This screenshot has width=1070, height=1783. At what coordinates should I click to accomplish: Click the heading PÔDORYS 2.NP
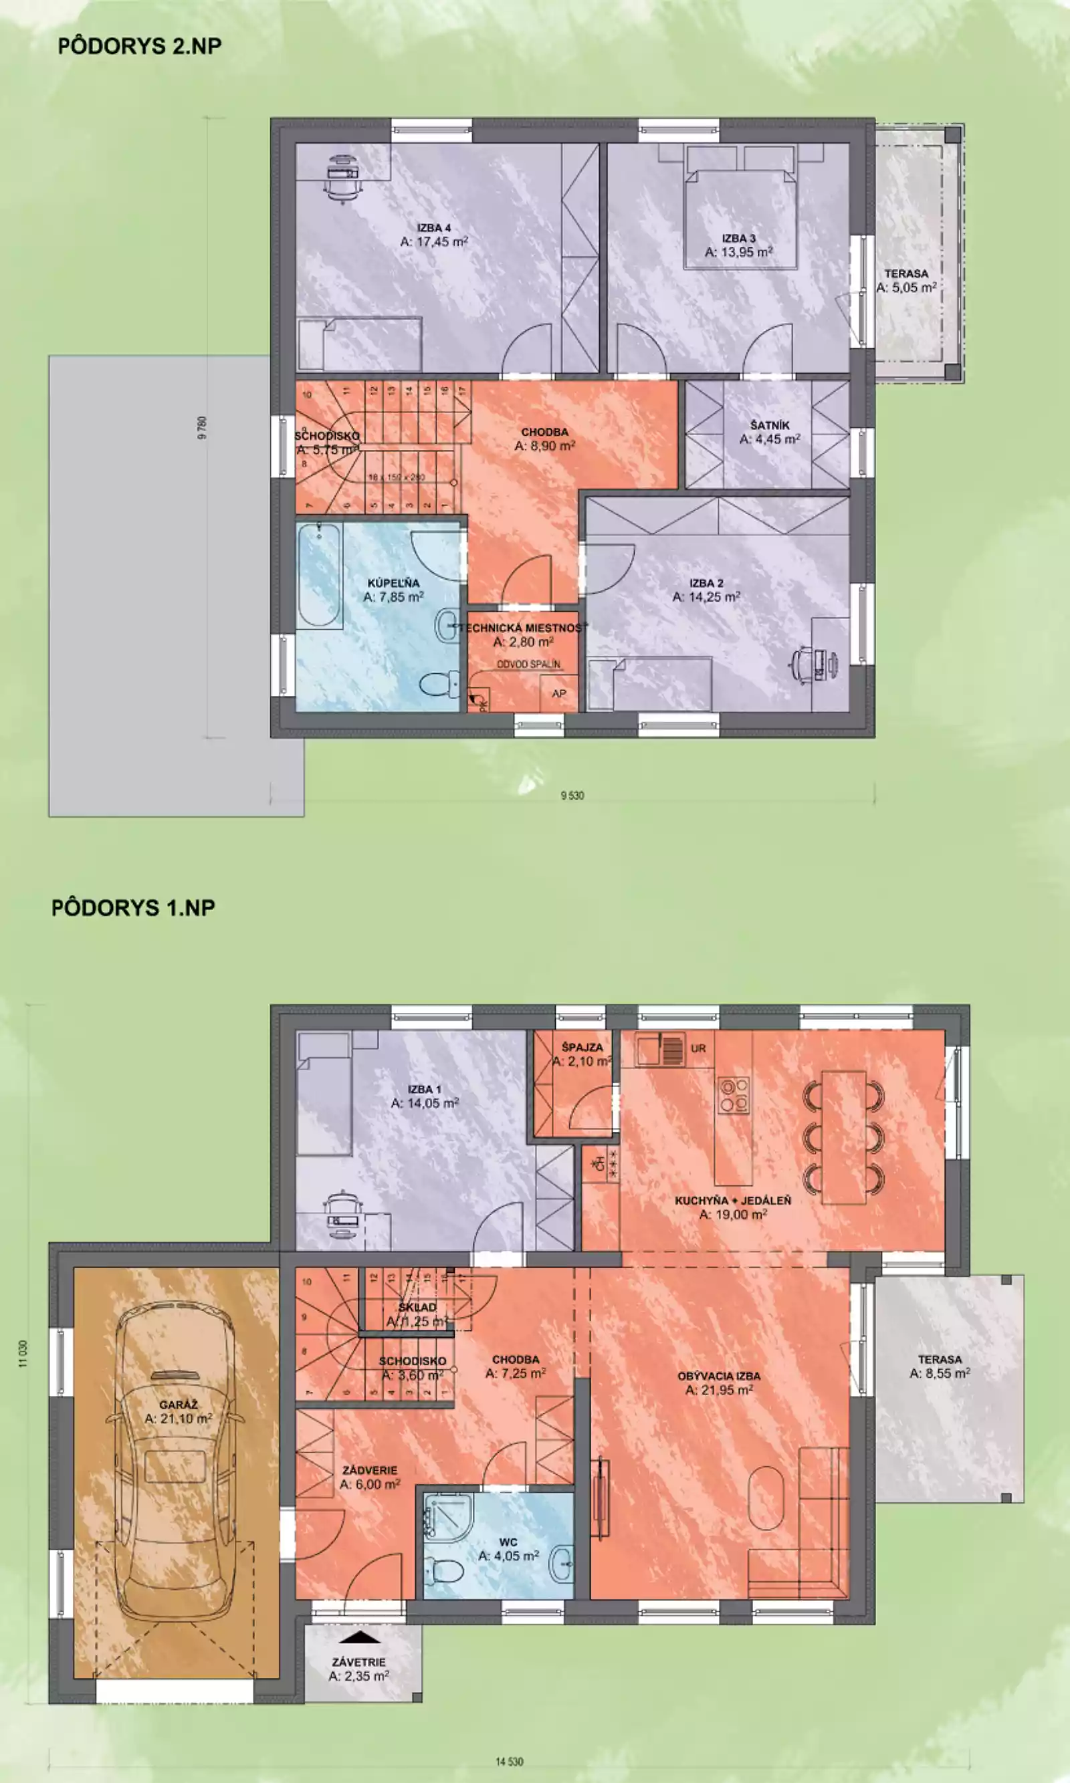tap(139, 46)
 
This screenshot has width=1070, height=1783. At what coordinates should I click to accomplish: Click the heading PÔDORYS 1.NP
tap(133, 907)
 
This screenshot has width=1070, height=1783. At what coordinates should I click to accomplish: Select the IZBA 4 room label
tap(434, 229)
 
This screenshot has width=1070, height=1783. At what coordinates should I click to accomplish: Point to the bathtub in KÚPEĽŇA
tap(319, 576)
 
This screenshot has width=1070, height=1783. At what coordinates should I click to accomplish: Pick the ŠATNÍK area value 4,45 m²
tap(770, 439)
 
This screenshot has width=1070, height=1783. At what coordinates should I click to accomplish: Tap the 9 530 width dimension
tap(572, 796)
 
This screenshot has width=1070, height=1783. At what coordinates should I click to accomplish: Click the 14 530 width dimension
tap(509, 1762)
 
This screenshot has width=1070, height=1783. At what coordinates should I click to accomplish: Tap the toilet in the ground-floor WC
tap(445, 1571)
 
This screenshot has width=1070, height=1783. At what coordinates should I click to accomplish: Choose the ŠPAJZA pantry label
tap(582, 1047)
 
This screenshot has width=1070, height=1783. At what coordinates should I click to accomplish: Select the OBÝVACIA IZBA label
tap(719, 1376)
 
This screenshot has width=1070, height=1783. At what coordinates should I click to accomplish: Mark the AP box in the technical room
tap(559, 693)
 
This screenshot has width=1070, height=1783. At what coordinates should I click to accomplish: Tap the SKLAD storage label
tap(417, 1306)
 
